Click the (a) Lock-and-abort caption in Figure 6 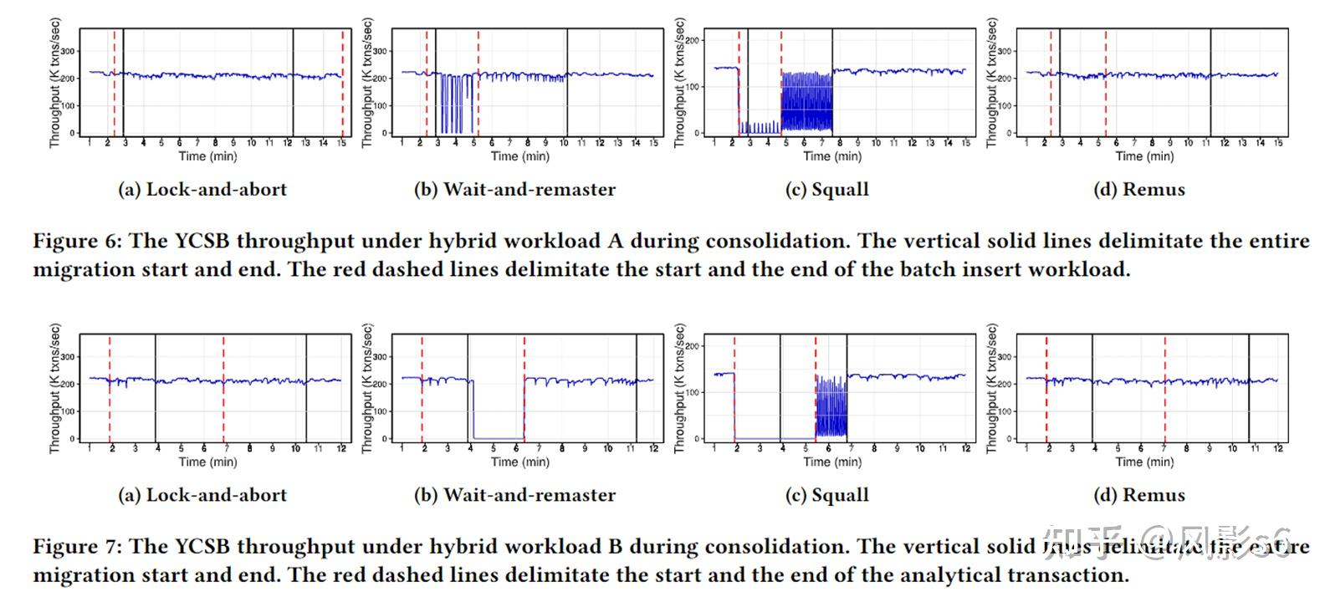[x=202, y=190]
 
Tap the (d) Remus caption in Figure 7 [x=1138, y=495]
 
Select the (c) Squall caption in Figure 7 [x=826, y=495]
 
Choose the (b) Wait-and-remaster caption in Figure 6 [x=514, y=190]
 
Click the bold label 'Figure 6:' [x=77, y=242]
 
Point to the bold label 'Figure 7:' [x=77, y=547]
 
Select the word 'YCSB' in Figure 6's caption [x=203, y=242]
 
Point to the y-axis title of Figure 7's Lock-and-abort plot [x=55, y=389]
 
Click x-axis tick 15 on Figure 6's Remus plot [x=1277, y=144]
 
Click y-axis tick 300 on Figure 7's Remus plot [x=1005, y=357]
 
